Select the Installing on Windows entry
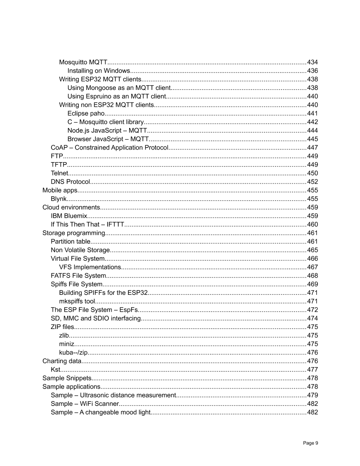click(x=99, y=71)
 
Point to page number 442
click(x=312, y=122)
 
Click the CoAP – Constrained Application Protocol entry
click(x=110, y=148)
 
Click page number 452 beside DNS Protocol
click(x=312, y=182)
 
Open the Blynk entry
click(x=59, y=199)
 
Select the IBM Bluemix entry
click(x=68, y=216)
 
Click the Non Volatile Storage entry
click(x=80, y=250)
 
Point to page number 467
click(x=312, y=267)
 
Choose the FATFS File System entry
click(x=78, y=276)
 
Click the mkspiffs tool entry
click(x=77, y=301)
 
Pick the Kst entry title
click(x=55, y=369)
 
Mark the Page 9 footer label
click(x=311, y=443)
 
